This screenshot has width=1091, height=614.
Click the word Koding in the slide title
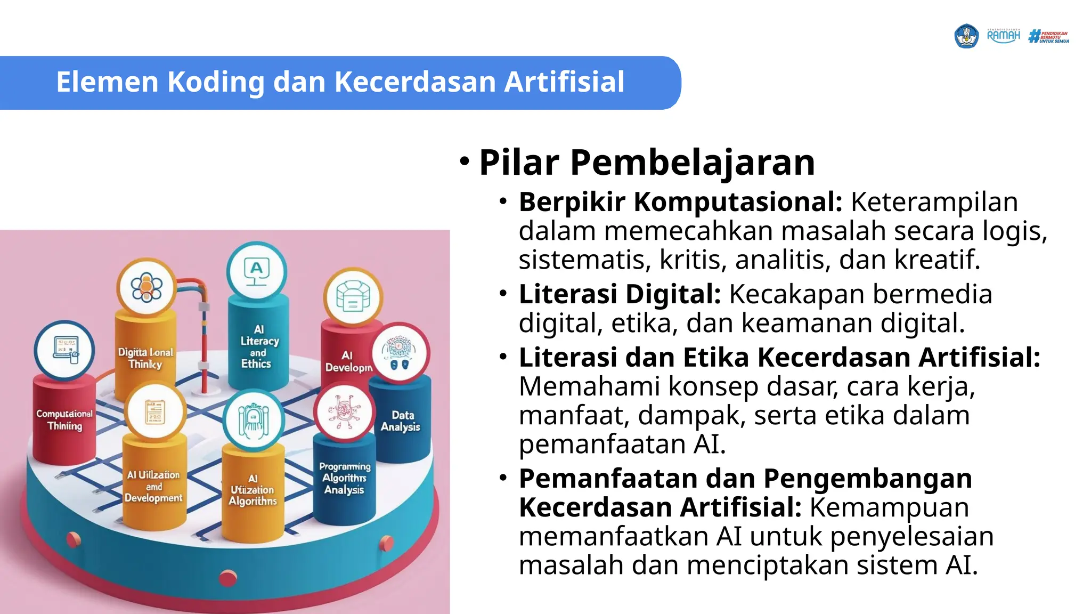[216, 82]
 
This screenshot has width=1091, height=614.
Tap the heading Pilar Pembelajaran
[647, 162]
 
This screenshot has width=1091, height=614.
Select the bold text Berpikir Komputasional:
[680, 202]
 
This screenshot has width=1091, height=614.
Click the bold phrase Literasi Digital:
[620, 294]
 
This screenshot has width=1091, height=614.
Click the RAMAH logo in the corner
[1003, 36]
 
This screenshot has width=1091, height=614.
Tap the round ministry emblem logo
[966, 36]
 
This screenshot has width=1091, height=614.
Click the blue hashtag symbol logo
[1035, 36]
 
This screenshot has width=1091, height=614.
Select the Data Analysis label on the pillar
[401, 421]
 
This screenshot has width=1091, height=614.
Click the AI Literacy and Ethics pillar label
[258, 347]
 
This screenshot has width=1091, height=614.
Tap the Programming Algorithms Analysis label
[345, 478]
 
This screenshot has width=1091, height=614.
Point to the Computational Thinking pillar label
[64, 419]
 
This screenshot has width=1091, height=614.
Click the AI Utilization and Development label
[153, 486]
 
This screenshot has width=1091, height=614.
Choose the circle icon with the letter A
[256, 271]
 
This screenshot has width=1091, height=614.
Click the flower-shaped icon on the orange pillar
[146, 288]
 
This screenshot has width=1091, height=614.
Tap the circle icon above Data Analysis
[400, 352]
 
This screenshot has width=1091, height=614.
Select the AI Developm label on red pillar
[348, 361]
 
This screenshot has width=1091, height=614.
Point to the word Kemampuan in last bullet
[889, 507]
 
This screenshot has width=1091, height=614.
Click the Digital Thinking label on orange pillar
[145, 358]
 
